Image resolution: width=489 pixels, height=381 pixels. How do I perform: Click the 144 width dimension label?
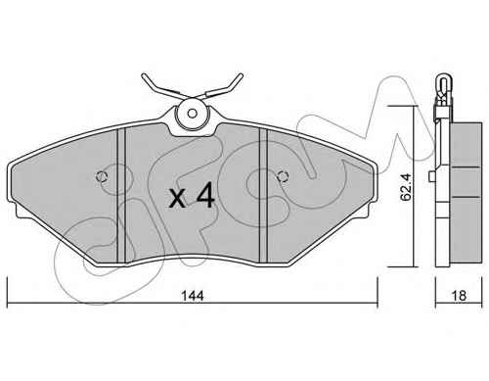point(193,296)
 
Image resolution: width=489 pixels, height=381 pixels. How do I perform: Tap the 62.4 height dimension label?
point(406,187)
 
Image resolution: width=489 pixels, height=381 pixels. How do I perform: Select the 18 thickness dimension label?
point(459,296)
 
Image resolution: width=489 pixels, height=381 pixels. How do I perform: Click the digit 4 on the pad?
point(205,195)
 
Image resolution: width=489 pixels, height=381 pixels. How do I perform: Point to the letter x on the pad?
point(178,198)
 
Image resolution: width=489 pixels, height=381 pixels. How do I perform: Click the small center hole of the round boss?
point(193,114)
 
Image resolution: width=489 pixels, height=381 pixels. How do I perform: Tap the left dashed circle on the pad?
point(102,176)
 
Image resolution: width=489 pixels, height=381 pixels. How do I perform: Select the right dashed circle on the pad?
point(283,176)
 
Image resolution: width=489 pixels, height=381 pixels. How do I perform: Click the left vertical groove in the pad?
point(121,195)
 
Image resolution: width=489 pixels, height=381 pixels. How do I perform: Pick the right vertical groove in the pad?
point(263,195)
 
